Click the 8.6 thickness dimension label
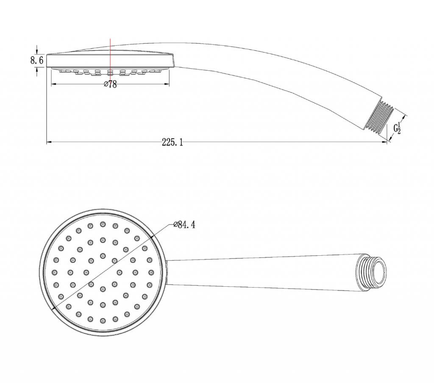tap(37, 60)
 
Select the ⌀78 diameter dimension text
tap(110, 84)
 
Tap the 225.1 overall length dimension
tap(172, 143)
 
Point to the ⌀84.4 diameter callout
tap(184, 225)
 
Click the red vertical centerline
tap(110, 57)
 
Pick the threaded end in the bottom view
tap(371, 272)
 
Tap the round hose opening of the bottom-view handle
tap(379, 272)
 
